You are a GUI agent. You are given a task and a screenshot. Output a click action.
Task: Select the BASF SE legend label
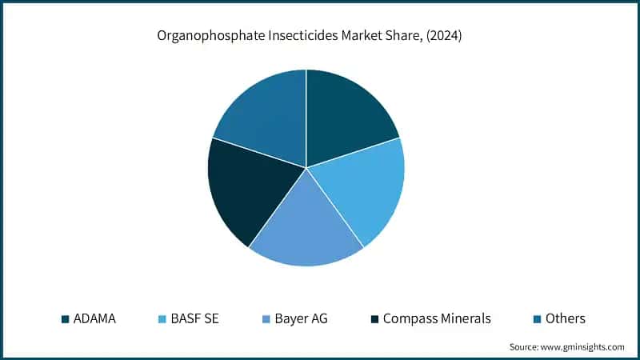[x=196, y=318]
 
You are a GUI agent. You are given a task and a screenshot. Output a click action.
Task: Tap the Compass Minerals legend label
[x=437, y=318]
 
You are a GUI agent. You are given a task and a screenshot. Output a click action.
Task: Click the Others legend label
[x=565, y=318]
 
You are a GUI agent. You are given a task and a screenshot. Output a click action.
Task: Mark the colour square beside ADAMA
[x=65, y=319]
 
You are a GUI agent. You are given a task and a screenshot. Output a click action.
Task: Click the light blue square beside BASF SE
[x=162, y=319]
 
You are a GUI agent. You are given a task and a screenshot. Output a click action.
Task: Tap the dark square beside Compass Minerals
[x=374, y=319]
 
